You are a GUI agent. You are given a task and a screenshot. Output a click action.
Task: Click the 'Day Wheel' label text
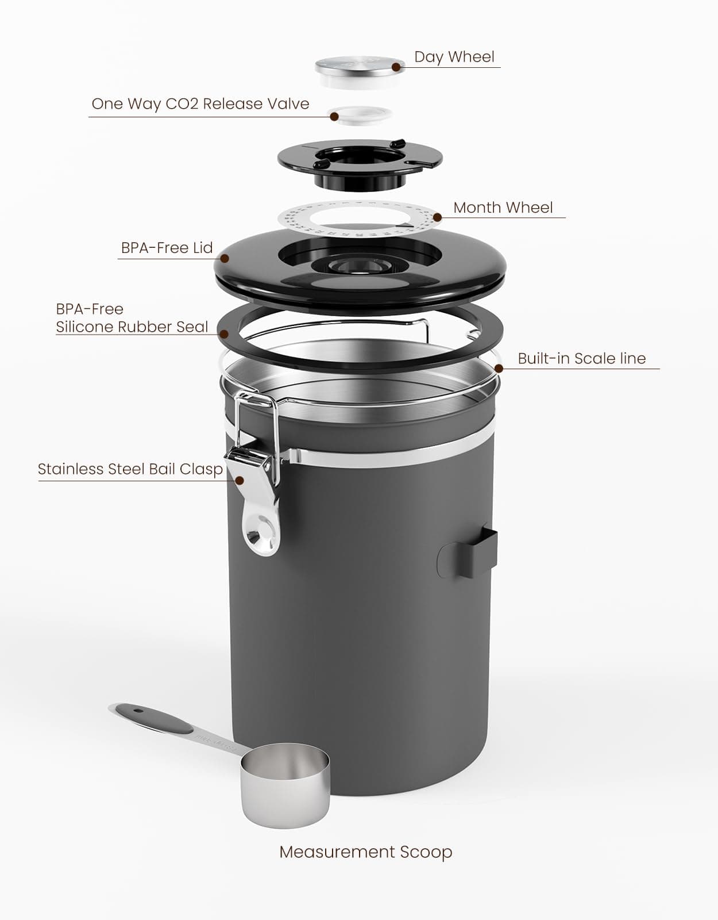tap(454, 57)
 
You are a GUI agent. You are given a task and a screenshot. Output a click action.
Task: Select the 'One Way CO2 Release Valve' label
tap(200, 104)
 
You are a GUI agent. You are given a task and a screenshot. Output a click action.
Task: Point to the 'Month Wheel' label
tap(503, 208)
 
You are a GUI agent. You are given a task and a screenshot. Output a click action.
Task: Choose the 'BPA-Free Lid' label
tap(167, 248)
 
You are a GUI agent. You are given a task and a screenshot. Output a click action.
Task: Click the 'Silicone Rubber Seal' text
tap(132, 327)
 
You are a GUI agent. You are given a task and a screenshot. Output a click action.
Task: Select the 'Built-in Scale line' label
tap(581, 358)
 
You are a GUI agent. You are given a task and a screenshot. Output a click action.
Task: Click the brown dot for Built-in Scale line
tap(499, 368)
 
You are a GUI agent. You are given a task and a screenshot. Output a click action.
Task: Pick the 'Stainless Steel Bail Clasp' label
tap(130, 469)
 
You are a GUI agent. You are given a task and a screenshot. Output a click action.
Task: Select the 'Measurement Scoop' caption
tap(365, 852)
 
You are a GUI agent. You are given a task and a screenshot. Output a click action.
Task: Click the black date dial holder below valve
tap(360, 164)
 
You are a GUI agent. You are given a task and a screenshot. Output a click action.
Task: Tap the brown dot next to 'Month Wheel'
tap(438, 217)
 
